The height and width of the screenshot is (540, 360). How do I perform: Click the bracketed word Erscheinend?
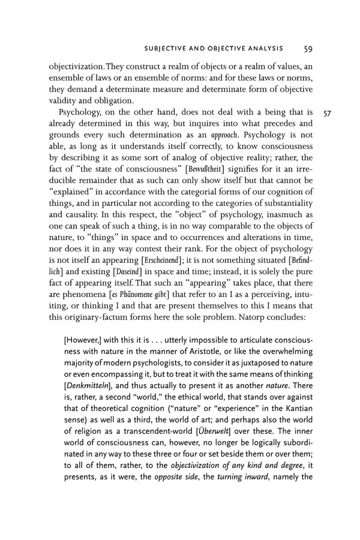pyautogui.click(x=205, y=261)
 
